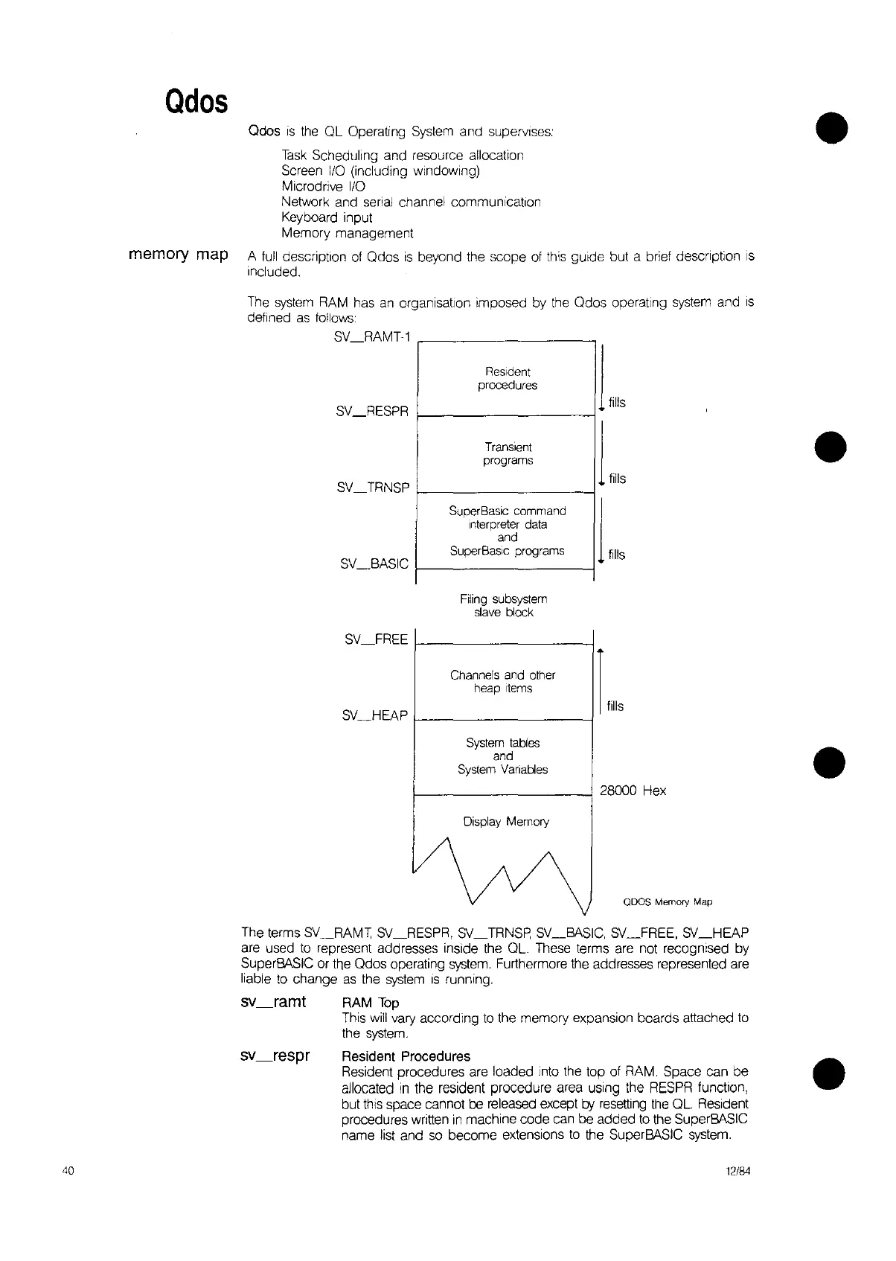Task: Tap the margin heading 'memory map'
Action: point(178,255)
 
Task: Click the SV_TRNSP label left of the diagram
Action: point(373,488)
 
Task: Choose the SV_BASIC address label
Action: point(374,564)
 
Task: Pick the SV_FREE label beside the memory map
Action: point(377,639)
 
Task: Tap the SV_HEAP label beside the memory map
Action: point(375,715)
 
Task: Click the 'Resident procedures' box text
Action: point(507,378)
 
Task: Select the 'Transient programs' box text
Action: point(508,453)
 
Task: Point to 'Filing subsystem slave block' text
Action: point(504,605)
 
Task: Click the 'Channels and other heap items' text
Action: point(502,681)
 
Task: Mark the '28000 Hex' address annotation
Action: point(633,791)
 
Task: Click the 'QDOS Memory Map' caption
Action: point(668,901)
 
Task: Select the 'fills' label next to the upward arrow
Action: point(615,706)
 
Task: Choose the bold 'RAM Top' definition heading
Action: point(370,1003)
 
